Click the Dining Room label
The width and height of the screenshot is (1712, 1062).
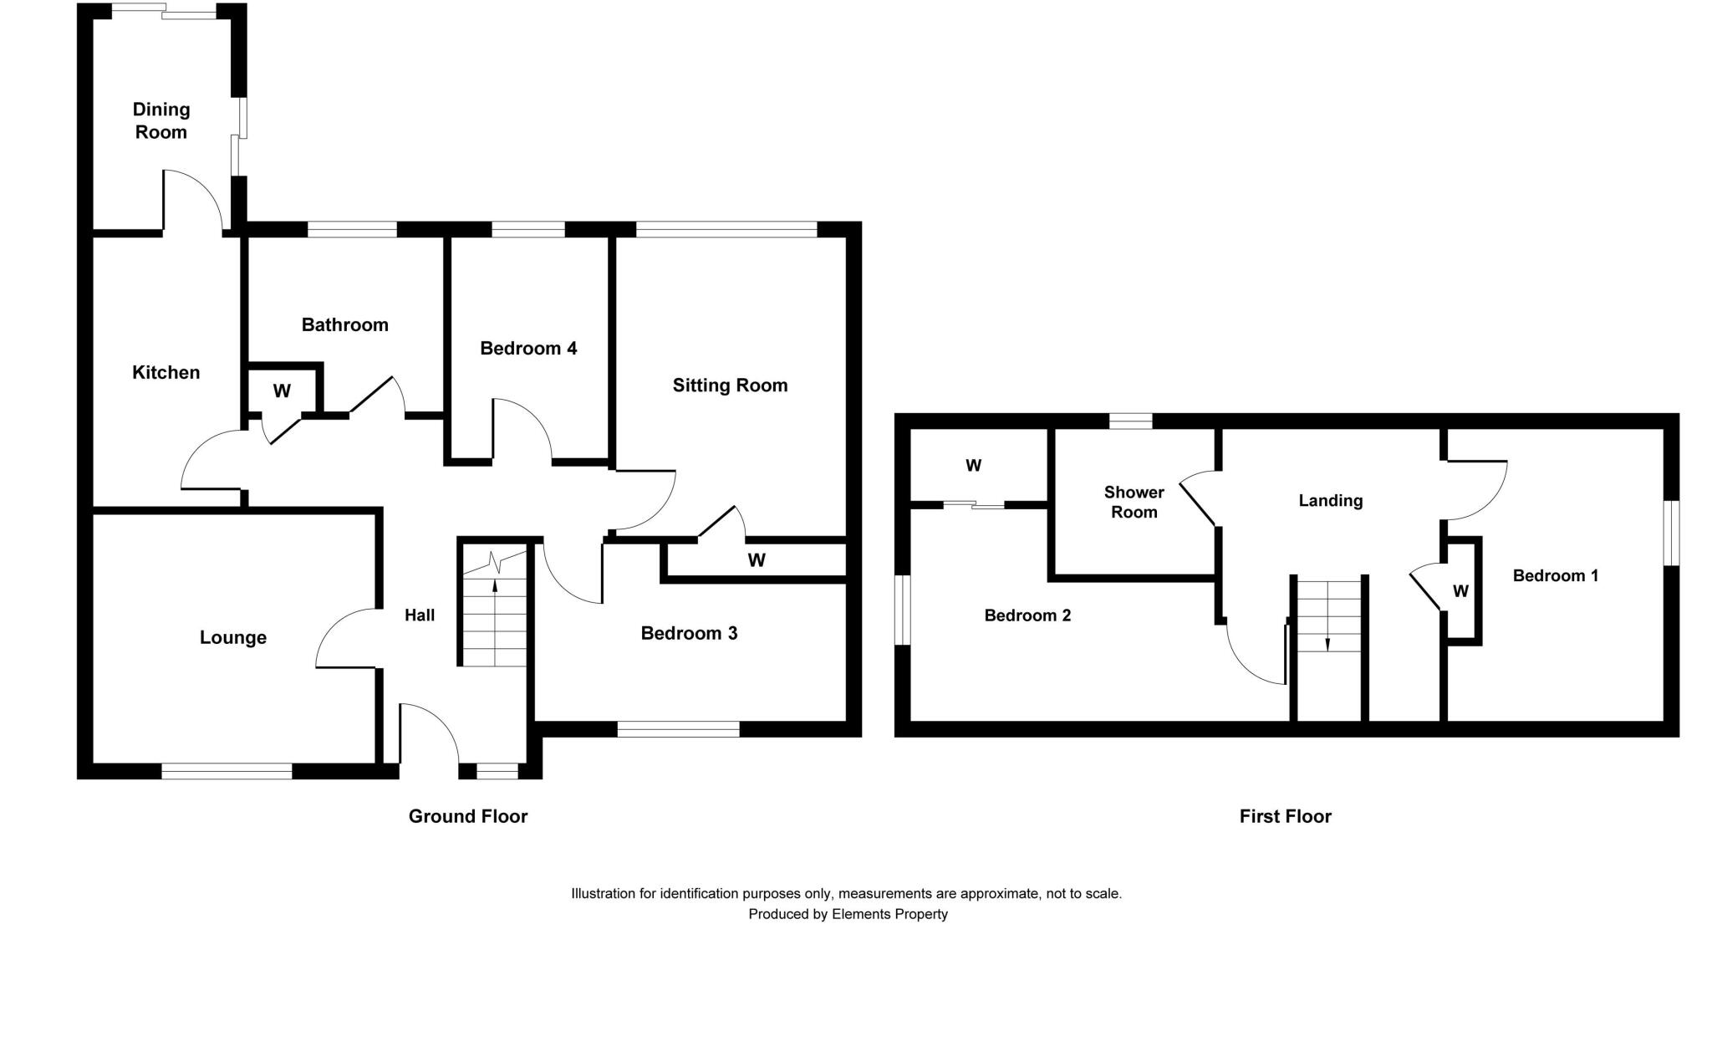161,120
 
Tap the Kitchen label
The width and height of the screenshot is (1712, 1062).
166,372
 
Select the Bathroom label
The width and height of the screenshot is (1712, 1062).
344,324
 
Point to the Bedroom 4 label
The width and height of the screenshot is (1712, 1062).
528,348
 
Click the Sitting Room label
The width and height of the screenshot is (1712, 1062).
730,385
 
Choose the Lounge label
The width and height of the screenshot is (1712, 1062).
233,637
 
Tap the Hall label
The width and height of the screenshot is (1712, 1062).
420,615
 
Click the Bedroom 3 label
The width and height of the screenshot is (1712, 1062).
689,633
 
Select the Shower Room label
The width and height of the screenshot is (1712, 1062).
1134,502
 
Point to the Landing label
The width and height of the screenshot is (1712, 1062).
1330,501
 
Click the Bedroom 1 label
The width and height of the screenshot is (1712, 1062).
1555,575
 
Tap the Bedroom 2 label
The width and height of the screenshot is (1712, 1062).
1027,615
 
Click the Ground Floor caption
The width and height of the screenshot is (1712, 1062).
468,816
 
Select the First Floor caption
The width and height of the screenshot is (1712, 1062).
1285,816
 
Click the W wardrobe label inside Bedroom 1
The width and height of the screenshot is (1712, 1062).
1460,591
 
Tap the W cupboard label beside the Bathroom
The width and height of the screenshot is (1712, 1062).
282,391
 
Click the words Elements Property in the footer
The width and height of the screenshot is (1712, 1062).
889,914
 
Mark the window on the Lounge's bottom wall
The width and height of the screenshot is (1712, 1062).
227,771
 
